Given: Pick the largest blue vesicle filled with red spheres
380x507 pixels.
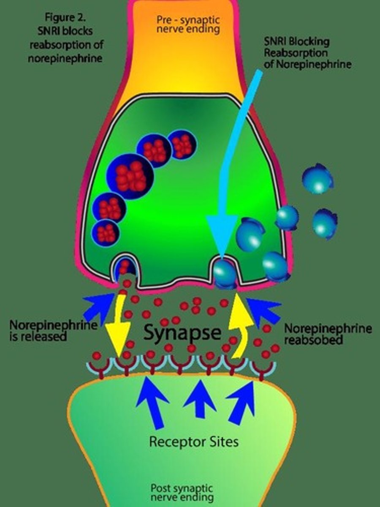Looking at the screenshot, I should (129, 176).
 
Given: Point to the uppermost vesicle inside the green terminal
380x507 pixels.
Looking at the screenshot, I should (182, 145).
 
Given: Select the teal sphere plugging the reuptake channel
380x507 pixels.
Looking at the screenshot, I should (224, 273).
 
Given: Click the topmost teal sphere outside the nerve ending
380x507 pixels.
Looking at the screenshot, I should (318, 178).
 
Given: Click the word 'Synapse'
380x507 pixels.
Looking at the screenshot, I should (182, 333).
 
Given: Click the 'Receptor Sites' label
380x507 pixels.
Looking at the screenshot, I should (194, 442).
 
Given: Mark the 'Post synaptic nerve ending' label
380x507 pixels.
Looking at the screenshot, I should (182, 493).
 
